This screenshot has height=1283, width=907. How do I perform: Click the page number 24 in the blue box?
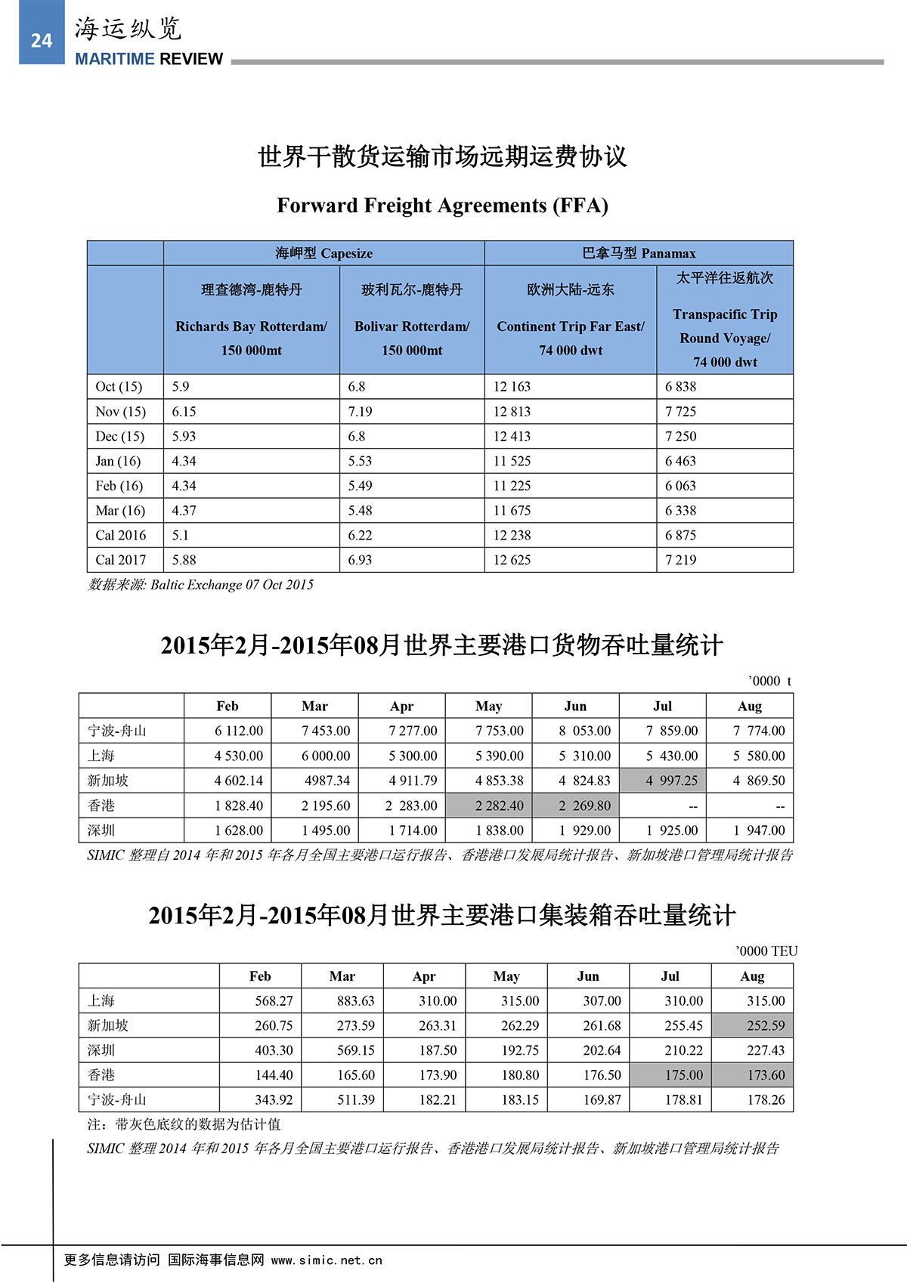42,41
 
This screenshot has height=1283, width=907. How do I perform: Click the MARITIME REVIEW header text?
149,59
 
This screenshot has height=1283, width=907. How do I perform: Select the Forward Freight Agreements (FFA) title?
442,206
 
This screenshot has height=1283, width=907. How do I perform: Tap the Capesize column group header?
323,253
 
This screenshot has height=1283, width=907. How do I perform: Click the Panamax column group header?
639,253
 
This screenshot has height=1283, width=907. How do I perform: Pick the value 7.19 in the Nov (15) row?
360,412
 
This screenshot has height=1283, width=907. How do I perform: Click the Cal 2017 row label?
120,560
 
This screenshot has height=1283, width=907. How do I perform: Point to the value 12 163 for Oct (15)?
512,387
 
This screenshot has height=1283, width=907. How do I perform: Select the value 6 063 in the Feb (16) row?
680,486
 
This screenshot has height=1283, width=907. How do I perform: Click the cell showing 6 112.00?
239,731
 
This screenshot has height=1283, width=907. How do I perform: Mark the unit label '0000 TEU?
766,951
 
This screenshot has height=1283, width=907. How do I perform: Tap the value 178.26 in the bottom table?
766,1099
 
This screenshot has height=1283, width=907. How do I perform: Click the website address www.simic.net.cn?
327,1260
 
